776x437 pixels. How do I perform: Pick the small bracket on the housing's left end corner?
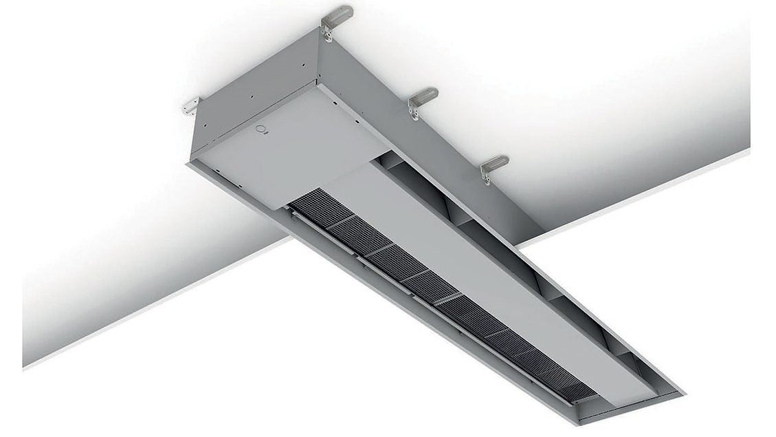point(189,107)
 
